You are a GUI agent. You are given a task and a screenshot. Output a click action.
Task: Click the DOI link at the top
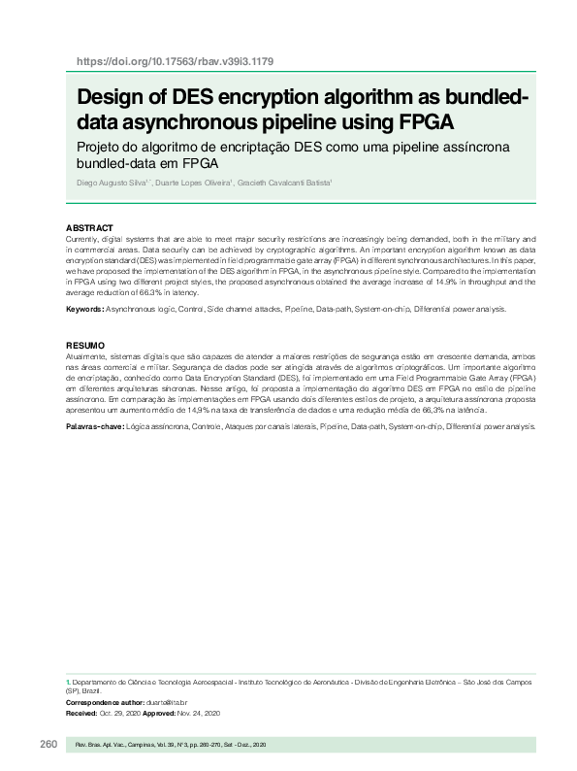[175, 61]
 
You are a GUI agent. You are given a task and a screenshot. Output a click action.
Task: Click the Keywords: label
[84, 309]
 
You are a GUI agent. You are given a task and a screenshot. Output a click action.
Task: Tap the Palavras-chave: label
[93, 427]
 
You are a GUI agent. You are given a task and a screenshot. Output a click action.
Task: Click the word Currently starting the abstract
[84, 238]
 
